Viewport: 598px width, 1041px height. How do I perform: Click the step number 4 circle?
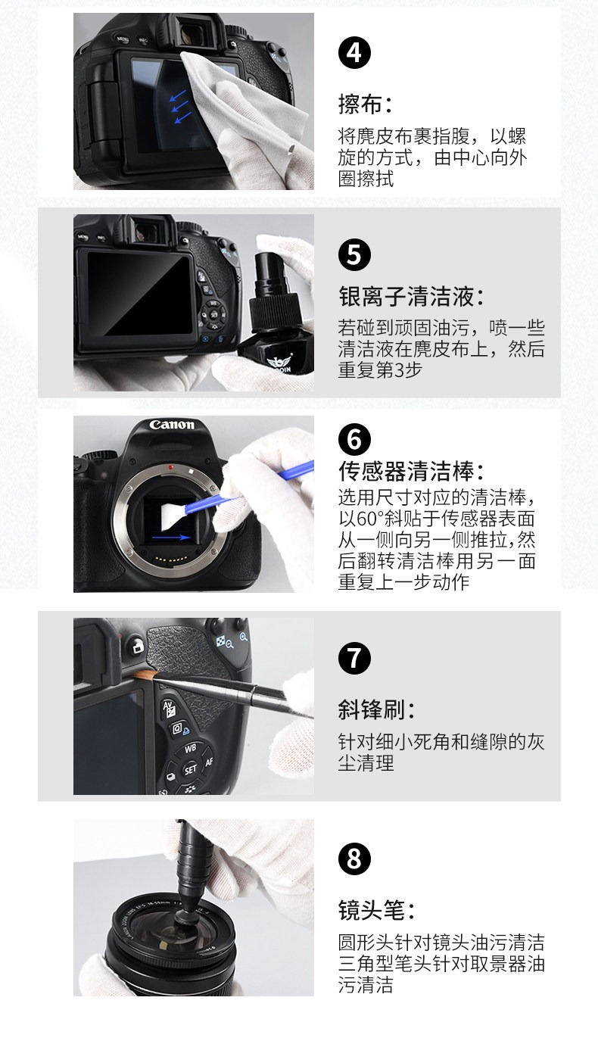point(354,53)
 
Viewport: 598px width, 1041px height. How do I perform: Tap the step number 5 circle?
point(354,254)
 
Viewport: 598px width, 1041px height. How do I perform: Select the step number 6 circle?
point(354,439)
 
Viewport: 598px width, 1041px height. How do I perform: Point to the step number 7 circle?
point(354,658)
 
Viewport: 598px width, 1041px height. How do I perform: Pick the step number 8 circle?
point(354,859)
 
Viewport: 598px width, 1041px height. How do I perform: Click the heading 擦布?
point(366,104)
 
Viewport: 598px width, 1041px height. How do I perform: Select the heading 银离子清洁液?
point(412,297)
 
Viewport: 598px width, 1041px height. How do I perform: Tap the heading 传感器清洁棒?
point(412,471)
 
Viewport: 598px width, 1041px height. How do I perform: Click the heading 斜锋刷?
point(377,710)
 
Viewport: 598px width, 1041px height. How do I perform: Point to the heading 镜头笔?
point(377,910)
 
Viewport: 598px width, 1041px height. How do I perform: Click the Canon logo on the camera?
point(172,425)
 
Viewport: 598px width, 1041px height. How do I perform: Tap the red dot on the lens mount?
point(172,467)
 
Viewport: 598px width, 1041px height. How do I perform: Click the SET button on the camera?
point(190,770)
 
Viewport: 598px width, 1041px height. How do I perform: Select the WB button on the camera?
point(191,748)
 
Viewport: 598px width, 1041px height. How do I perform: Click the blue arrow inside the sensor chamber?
point(172,538)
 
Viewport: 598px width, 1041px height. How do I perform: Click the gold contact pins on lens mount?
point(172,559)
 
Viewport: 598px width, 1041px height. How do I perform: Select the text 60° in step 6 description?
point(370,519)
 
